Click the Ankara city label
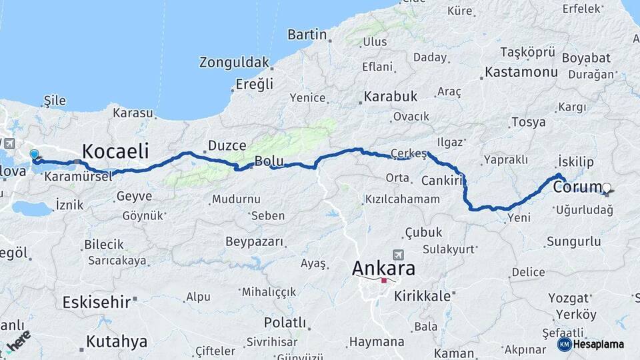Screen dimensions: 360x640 (x=383, y=268)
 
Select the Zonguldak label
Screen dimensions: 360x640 (x=234, y=63)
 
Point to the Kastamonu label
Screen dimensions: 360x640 (x=521, y=71)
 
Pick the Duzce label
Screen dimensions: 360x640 (x=227, y=145)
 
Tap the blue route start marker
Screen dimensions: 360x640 (x=34, y=155)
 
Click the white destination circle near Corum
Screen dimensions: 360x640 (x=607, y=188)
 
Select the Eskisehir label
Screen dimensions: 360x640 (x=97, y=302)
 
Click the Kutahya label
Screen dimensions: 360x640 (x=116, y=342)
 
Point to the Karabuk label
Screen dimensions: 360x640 (x=391, y=97)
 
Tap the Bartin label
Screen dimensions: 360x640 (x=307, y=35)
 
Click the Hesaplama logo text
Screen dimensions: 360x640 (x=598, y=344)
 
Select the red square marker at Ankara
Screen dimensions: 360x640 (x=384, y=281)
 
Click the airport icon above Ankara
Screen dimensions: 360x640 (x=399, y=254)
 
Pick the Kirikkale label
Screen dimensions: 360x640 (x=423, y=295)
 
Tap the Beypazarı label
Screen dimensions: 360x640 (x=256, y=241)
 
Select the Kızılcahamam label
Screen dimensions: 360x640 (x=403, y=199)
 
